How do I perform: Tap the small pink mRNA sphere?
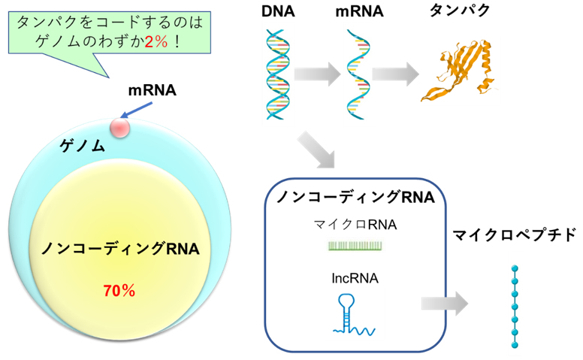[x=119, y=128]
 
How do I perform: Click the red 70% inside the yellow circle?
[x=118, y=289]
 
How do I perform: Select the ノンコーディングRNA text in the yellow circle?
[x=119, y=248]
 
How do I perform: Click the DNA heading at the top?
[x=278, y=12]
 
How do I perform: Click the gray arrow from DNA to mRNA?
[x=319, y=74]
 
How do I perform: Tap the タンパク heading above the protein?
[x=460, y=12]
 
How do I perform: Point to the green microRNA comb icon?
[x=356, y=245]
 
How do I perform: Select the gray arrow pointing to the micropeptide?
[x=444, y=304]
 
